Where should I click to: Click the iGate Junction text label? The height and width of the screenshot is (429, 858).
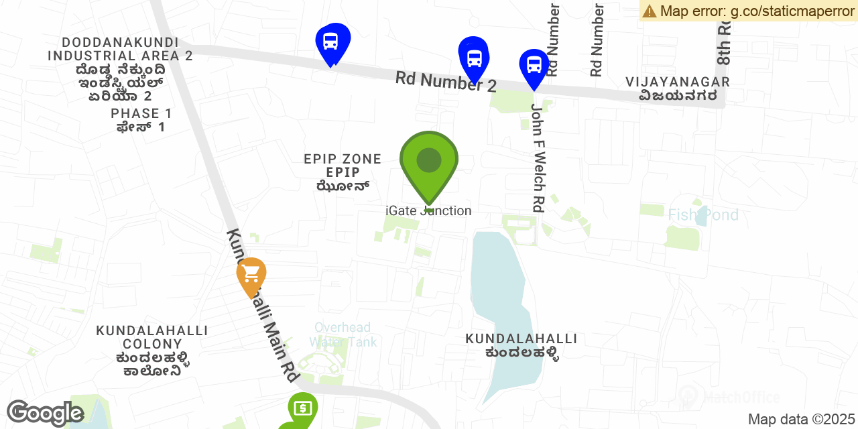(428, 211)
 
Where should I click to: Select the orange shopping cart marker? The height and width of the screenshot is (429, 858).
(251, 274)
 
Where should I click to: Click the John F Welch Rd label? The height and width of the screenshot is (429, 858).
(537, 158)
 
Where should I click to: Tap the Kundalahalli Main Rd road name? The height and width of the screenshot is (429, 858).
(261, 306)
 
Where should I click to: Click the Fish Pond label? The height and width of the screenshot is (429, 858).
(703, 215)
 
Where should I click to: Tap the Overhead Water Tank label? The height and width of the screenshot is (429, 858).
(343, 334)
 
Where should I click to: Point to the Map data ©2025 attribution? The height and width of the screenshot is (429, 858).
(802, 420)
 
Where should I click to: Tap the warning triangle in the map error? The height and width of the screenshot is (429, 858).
(649, 11)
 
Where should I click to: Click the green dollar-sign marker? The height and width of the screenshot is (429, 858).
(303, 408)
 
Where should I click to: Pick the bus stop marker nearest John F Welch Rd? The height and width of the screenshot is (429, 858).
(534, 66)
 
